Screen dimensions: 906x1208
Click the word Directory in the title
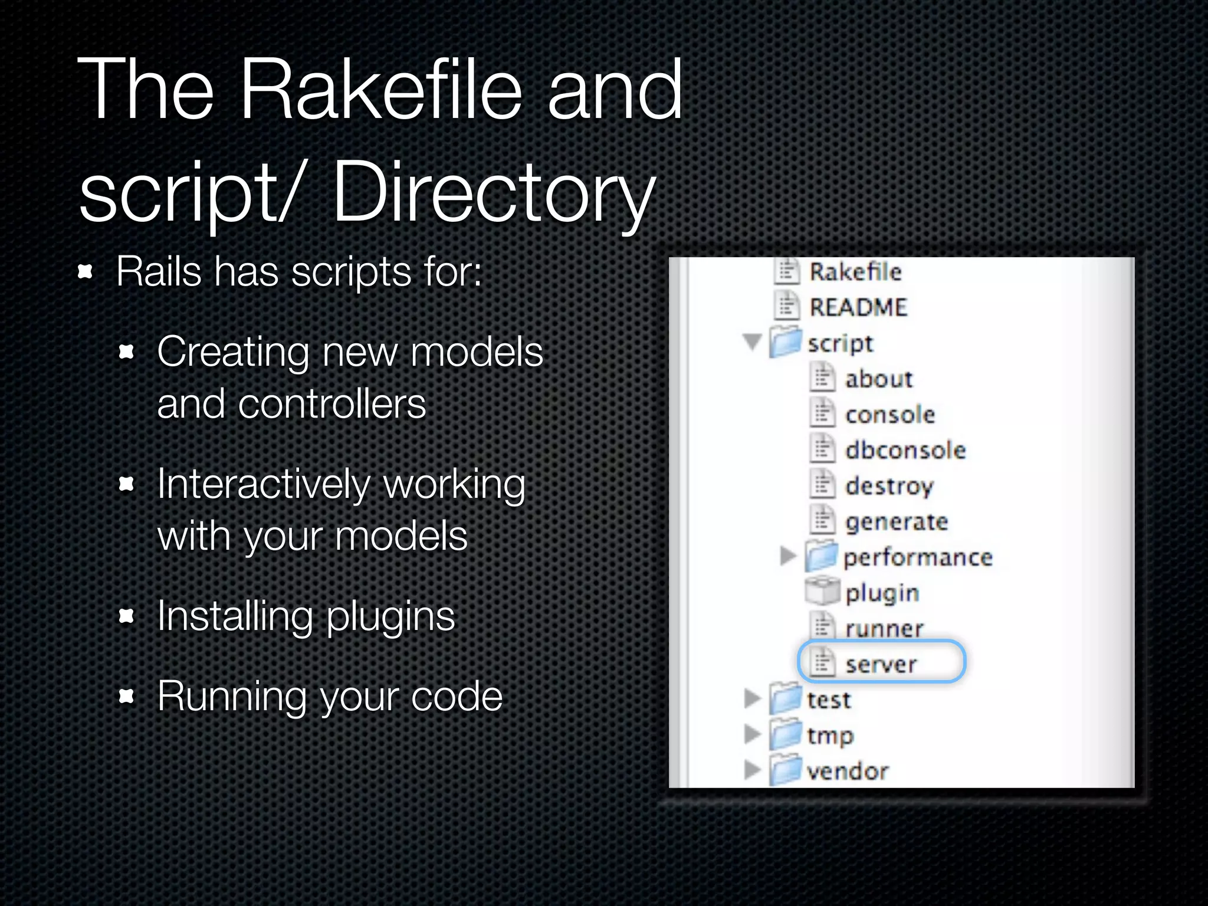[x=494, y=193]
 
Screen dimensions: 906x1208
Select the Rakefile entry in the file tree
[x=855, y=272]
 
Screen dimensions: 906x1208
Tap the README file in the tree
[x=858, y=307]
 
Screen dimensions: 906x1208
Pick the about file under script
[x=878, y=379]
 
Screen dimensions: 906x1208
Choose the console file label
[x=889, y=415]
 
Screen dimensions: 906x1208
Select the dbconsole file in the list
[x=905, y=450]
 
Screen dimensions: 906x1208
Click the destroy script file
[x=889, y=486]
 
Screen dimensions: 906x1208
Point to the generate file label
[x=896, y=522]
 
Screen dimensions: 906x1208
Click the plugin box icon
[x=822, y=592]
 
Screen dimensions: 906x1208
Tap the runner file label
[x=884, y=629]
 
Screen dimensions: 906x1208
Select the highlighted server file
[x=880, y=664]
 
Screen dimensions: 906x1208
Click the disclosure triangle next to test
[x=752, y=698]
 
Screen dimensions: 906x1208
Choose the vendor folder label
[x=847, y=771]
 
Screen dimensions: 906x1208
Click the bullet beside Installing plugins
[x=126, y=616]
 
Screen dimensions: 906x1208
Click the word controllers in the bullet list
[x=331, y=405]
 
